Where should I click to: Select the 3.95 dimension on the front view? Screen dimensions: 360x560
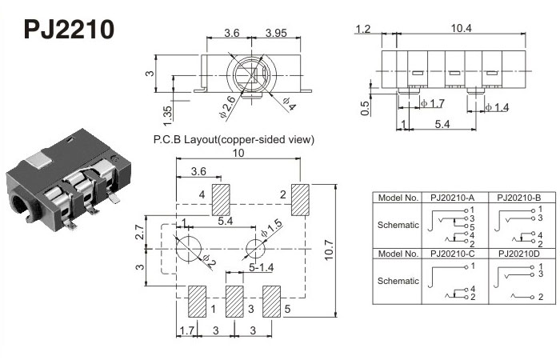click(275, 33)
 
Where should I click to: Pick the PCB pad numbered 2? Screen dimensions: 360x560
click(301, 199)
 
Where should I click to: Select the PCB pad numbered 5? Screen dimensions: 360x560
click(273, 302)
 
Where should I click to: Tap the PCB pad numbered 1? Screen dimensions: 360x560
click(196, 302)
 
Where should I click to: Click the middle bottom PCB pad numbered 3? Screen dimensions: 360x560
click(234, 302)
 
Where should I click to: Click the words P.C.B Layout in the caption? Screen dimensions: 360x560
click(185, 139)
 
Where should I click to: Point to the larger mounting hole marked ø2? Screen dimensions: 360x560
click(189, 247)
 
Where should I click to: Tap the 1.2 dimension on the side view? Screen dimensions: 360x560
click(363, 30)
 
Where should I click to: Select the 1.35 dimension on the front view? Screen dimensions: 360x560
click(166, 111)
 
